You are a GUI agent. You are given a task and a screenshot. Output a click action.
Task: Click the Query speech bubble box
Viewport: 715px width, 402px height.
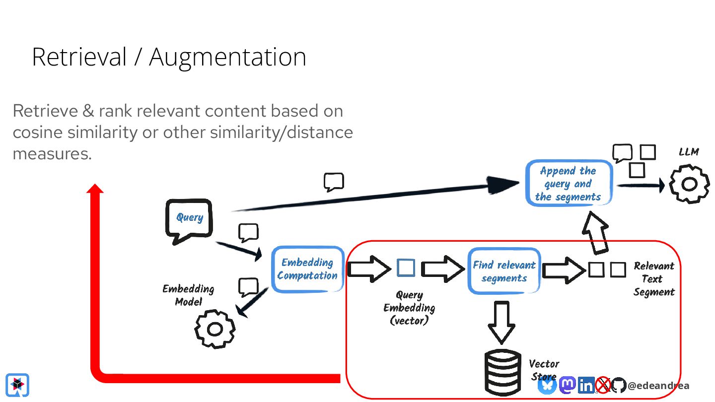[189, 218]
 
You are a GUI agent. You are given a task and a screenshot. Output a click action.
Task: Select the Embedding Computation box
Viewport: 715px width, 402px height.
[307, 269]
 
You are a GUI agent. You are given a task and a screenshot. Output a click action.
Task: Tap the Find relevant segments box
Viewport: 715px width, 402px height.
[504, 271]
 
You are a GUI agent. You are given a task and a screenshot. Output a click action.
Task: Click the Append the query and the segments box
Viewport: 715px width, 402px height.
[569, 184]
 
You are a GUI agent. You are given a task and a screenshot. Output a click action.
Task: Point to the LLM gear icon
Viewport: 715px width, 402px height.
[689, 184]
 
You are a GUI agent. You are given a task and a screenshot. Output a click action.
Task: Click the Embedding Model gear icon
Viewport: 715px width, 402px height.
[214, 329]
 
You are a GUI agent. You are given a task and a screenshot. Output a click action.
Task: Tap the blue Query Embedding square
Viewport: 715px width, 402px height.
[406, 268]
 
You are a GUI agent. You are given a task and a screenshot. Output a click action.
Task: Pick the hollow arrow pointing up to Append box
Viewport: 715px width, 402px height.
[595, 231]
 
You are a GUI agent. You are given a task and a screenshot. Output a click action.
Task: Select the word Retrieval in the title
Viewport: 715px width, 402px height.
[79, 57]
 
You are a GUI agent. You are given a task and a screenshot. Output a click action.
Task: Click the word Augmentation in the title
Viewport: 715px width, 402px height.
[227, 57]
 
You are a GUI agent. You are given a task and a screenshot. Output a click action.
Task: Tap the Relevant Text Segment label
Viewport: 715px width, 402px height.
[654, 279]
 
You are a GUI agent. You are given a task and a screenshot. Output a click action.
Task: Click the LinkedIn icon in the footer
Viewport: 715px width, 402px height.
[586, 385]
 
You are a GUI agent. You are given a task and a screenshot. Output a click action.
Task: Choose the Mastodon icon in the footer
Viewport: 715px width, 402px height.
[567, 385]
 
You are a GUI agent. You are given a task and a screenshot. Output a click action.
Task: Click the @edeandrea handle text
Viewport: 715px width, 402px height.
[658, 386]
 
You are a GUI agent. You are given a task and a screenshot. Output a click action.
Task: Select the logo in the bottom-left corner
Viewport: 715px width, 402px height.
[17, 385]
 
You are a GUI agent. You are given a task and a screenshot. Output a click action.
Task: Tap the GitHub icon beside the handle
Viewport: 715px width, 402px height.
[618, 385]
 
